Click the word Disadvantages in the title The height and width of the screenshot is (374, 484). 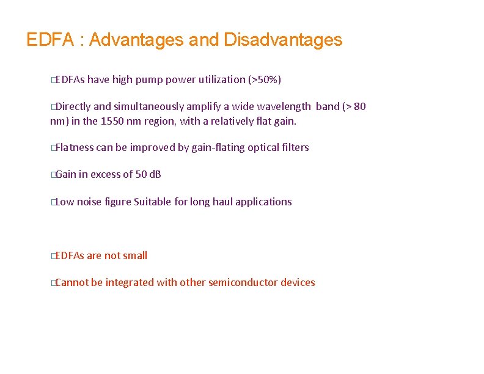click(283, 40)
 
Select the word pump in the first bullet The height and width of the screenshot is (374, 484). click(152, 79)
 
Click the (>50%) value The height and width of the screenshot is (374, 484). click(264, 79)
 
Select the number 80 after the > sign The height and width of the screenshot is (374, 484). click(359, 107)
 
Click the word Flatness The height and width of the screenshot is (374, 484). click(74, 147)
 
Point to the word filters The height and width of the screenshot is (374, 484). click(296, 147)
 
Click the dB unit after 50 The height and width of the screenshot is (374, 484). click(155, 175)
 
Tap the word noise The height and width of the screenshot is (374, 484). click(89, 202)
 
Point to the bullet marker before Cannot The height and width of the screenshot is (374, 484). click(53, 283)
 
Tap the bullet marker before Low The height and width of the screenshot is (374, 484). click(53, 202)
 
